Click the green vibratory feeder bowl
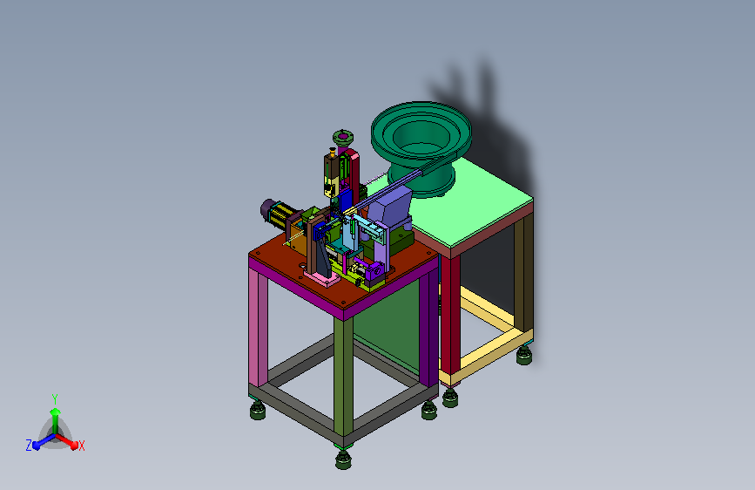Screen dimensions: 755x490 point(421,145)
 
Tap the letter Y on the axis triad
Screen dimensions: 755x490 point(55,399)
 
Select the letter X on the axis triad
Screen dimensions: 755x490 point(81,446)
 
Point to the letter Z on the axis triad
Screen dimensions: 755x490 point(29,446)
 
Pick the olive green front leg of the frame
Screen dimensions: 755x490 point(343,378)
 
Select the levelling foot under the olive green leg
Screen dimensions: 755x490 point(343,459)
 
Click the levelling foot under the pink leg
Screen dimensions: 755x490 point(258,410)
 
